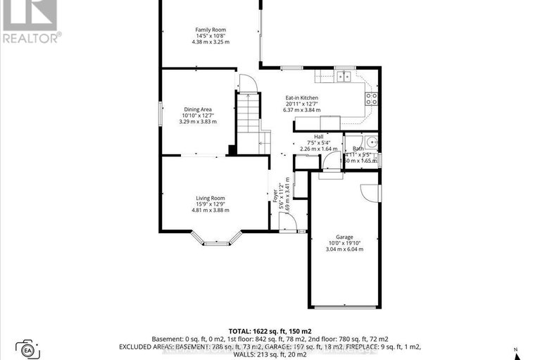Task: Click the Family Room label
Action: (211, 30)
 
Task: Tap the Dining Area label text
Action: (198, 109)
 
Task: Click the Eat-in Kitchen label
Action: (301, 98)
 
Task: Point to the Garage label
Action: (344, 237)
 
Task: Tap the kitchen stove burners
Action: (372, 99)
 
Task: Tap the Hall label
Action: (318, 137)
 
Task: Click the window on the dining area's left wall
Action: (161, 115)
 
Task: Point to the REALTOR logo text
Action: (31, 37)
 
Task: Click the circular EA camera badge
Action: (29, 350)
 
